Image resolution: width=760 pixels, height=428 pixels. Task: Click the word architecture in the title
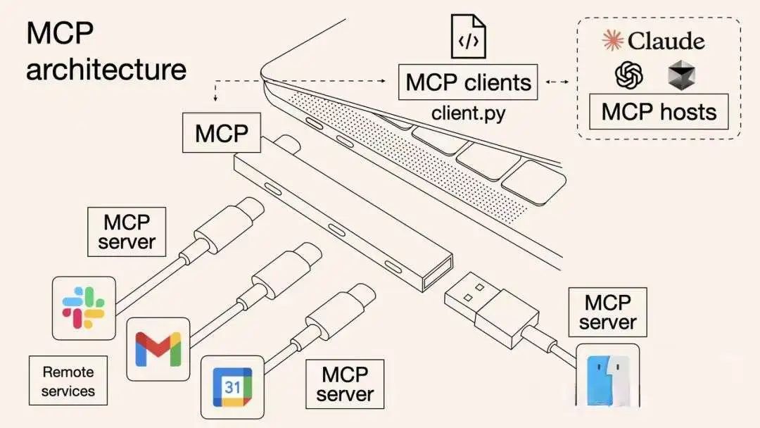(x=106, y=70)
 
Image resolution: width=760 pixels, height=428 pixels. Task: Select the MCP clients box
(x=467, y=82)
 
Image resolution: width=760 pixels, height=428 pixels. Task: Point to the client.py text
(x=468, y=113)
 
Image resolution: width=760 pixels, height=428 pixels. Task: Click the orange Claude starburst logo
(x=613, y=41)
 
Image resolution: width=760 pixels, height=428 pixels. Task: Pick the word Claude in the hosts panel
(x=666, y=41)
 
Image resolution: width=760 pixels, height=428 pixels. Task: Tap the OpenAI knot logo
(x=629, y=75)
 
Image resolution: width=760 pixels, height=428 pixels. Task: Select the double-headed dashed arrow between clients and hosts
(x=557, y=82)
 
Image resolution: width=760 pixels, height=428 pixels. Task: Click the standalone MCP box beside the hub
(x=222, y=133)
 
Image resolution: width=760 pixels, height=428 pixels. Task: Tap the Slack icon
(x=84, y=308)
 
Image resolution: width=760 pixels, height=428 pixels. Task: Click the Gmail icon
(x=158, y=348)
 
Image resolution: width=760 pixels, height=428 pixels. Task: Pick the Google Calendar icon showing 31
(x=232, y=386)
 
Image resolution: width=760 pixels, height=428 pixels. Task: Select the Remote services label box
(x=68, y=381)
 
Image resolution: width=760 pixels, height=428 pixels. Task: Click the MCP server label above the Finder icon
(x=607, y=313)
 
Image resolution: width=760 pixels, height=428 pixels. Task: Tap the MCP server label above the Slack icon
(x=127, y=232)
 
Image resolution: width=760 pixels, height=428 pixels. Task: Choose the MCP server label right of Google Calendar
(x=345, y=384)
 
